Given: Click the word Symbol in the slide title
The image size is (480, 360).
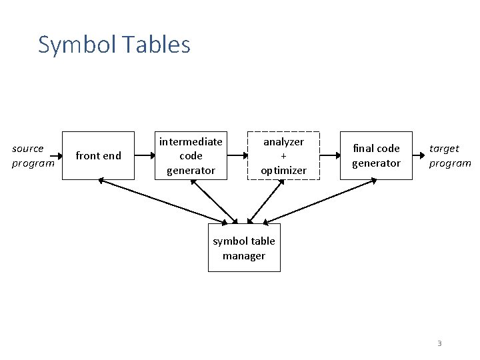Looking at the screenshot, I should tap(69, 45).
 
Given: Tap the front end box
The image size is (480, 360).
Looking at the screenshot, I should tap(98, 155).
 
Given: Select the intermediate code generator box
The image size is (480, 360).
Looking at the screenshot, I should tap(191, 155).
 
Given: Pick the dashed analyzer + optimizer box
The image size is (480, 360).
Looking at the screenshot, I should tap(283, 155).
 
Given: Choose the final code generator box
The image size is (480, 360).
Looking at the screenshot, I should tap(376, 155).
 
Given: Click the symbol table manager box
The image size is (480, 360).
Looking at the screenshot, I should tap(244, 248).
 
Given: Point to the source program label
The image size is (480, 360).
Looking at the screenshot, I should tap(32, 155).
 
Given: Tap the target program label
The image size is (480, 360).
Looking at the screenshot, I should tap(449, 155).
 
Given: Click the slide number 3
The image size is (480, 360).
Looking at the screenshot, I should tap(439, 343).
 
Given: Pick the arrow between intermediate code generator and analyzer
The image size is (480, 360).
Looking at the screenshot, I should tap(237, 155).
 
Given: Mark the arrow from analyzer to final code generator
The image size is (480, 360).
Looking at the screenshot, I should tap(330, 155).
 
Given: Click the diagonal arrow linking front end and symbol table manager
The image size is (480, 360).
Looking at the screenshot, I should tap(167, 201).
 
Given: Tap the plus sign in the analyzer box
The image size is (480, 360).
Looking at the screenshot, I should tap(283, 156).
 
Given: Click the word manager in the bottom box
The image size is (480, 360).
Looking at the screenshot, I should tap(244, 256).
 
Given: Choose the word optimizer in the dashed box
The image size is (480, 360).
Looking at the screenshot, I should tap(283, 171).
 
